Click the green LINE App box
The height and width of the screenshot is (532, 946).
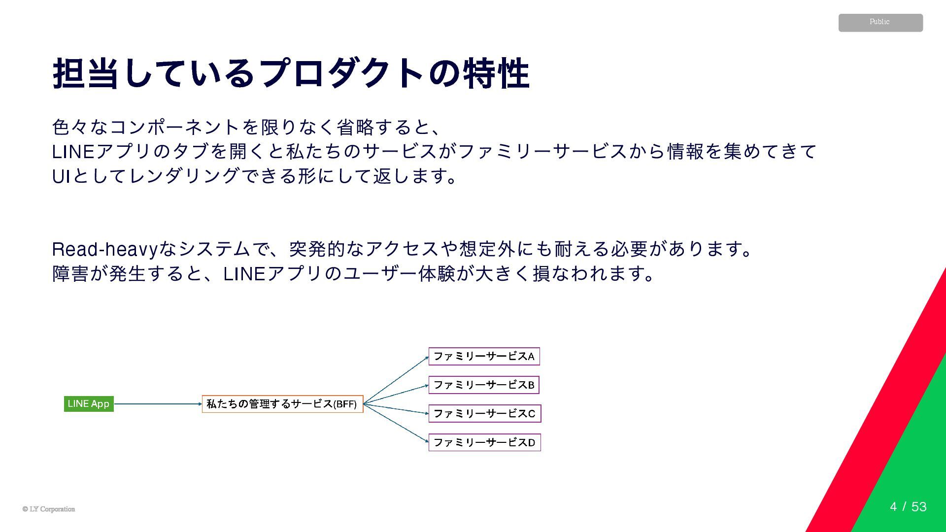[89, 404]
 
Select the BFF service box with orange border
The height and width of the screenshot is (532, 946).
[282, 404]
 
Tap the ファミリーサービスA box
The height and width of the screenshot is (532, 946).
[484, 356]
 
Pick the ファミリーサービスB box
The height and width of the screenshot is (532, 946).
[484, 385]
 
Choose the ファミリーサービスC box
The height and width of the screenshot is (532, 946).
[484, 413]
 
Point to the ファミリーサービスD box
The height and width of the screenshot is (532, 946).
[484, 442]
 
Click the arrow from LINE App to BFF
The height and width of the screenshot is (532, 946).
[158, 404]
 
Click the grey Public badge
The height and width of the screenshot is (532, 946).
[880, 23]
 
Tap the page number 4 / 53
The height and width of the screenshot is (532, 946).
[908, 506]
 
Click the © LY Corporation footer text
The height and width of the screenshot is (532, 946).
[49, 509]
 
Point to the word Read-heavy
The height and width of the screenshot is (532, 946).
[105, 249]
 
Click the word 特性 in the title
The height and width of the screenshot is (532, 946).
[496, 74]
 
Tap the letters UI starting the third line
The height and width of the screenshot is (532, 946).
[61, 176]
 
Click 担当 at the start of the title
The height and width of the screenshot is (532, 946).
[86, 74]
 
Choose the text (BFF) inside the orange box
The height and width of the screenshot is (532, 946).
[345, 404]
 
